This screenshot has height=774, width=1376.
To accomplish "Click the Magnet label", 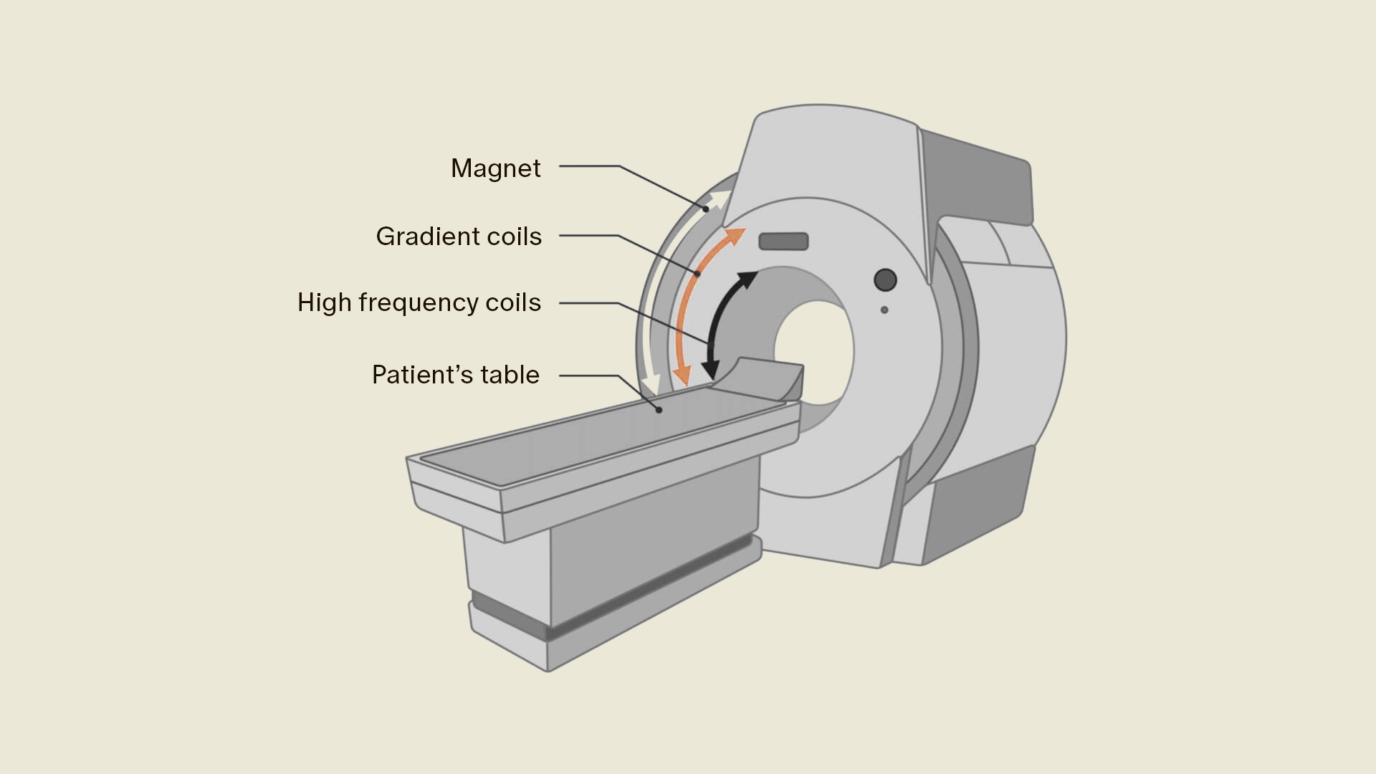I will [x=495, y=168].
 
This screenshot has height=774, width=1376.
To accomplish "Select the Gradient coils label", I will [x=459, y=236].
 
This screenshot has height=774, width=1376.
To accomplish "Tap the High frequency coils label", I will [x=419, y=302].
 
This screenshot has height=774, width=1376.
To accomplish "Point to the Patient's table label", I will [x=455, y=375].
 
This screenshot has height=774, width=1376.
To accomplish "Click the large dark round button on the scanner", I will [x=886, y=279].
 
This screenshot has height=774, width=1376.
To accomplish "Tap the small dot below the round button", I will [x=884, y=310].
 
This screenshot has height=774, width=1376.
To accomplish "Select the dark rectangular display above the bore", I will [x=783, y=242].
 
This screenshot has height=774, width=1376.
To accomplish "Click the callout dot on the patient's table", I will [x=659, y=410].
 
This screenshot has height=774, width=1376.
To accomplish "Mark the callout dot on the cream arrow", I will [x=706, y=209].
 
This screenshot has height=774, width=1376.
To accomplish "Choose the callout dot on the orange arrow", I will [x=697, y=274].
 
